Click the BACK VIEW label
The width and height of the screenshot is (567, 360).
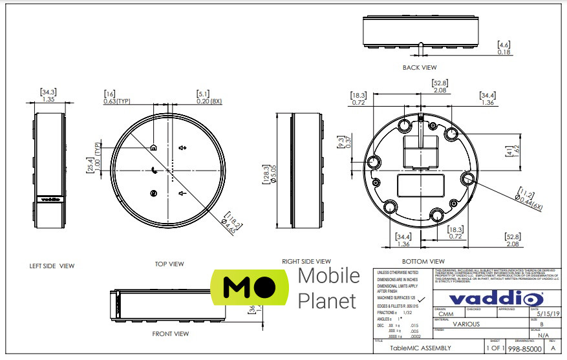tap(420, 67)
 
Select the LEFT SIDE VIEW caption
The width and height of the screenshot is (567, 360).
tap(52, 266)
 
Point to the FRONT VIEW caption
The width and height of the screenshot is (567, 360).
tap(170, 334)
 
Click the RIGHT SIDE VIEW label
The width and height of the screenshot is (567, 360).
tap(306, 261)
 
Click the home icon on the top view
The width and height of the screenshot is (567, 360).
tap(154, 147)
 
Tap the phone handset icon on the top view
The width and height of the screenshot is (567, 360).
tap(154, 171)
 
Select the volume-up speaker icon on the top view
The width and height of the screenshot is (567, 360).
tap(183, 147)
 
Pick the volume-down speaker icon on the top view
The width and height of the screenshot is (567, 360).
tap(183, 193)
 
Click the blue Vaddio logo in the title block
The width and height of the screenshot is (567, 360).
tap(495, 299)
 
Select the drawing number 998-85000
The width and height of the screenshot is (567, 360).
tap(525, 348)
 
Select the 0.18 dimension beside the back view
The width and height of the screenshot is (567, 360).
tap(504, 52)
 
